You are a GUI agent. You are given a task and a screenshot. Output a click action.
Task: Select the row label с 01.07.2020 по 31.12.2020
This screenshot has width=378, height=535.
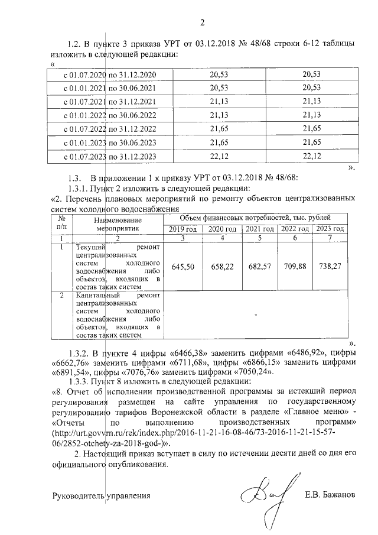pos(109,74)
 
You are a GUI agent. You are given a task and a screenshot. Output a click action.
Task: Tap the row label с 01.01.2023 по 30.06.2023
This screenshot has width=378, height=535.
pos(109,143)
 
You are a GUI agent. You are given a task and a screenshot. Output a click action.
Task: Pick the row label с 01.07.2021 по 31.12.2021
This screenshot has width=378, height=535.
pos(109,102)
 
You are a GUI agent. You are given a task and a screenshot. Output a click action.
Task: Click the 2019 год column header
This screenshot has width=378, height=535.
pos(183,229)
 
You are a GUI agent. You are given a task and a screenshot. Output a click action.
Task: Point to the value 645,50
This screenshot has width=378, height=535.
pos(183,267)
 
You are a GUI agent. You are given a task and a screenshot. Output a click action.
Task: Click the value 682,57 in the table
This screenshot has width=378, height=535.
pos(258,267)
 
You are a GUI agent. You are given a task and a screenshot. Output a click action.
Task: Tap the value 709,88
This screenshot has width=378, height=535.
pos(294,267)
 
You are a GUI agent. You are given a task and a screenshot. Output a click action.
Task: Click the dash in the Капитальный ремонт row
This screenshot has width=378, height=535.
pos(256,315)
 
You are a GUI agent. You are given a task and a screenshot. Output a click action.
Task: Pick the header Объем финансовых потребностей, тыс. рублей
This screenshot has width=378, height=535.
pos(255,218)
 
